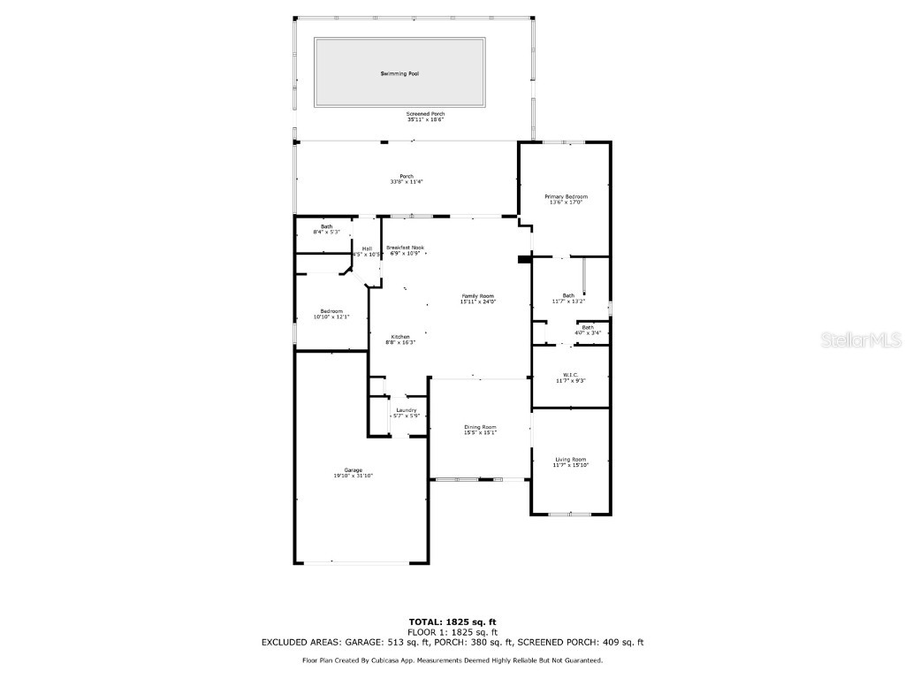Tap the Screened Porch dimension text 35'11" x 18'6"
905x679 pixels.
click(x=425, y=119)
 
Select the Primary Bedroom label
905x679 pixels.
click(x=566, y=196)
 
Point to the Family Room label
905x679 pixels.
click(x=477, y=296)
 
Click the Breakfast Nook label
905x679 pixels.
click(x=405, y=248)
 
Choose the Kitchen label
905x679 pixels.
click(x=400, y=337)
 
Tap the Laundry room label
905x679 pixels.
click(x=407, y=410)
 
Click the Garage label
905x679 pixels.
click(x=354, y=470)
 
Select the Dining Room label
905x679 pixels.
click(x=480, y=427)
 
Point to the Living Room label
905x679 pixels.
click(x=570, y=459)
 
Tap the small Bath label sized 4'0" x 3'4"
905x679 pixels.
click(x=588, y=327)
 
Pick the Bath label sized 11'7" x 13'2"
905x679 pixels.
click(x=568, y=295)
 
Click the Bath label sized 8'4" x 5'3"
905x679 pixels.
click(x=327, y=227)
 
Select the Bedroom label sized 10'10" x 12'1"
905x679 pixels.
click(x=331, y=311)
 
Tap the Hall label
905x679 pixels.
click(x=367, y=248)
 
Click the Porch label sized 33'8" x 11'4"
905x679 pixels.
click(x=407, y=176)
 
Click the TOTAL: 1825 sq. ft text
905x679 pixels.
click(x=452, y=622)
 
